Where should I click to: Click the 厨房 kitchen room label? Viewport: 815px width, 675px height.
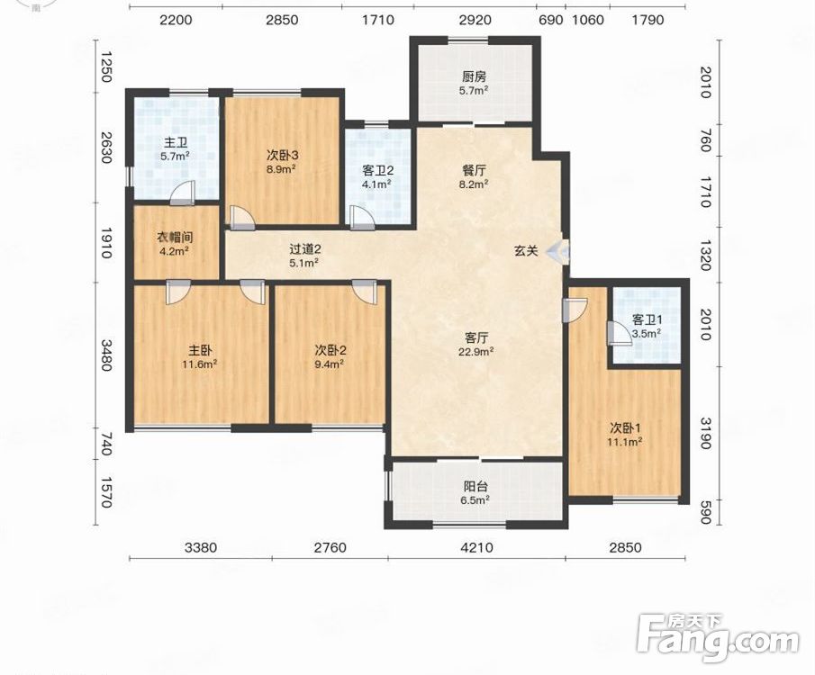(474, 76)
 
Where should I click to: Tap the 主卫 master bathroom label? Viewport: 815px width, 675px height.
(177, 142)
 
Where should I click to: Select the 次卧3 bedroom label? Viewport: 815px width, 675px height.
(282, 155)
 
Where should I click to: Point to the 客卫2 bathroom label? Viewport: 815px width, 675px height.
(378, 170)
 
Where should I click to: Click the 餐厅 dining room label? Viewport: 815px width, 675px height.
(474, 170)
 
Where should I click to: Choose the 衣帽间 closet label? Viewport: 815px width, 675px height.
(176, 238)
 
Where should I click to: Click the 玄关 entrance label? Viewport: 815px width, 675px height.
(526, 251)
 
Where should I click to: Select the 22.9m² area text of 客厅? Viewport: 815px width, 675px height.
(476, 352)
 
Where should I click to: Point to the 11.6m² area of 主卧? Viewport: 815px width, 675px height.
(200, 364)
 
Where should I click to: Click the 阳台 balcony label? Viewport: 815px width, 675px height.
(475, 487)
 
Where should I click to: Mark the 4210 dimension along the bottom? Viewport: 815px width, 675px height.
(477, 547)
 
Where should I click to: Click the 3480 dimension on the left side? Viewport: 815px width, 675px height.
(106, 355)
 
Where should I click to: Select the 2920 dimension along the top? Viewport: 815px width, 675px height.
(475, 20)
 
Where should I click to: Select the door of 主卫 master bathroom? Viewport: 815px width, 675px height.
(183, 193)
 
